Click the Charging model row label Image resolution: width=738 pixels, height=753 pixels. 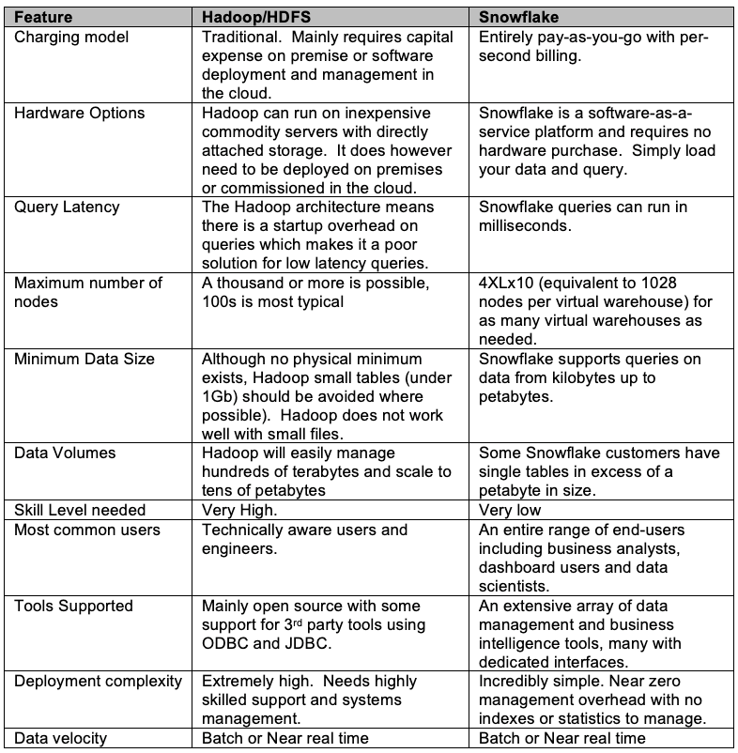(x=70, y=38)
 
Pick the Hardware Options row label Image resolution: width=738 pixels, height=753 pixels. (x=80, y=114)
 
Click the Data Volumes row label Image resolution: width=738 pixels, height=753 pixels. (x=65, y=453)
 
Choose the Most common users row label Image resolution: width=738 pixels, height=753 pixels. (x=87, y=530)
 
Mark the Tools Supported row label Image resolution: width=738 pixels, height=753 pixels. (x=73, y=606)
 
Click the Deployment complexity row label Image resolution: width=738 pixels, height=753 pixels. (x=98, y=681)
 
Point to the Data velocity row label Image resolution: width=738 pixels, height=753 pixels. (x=60, y=738)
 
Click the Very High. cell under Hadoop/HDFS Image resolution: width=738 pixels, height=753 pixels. (x=240, y=510)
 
